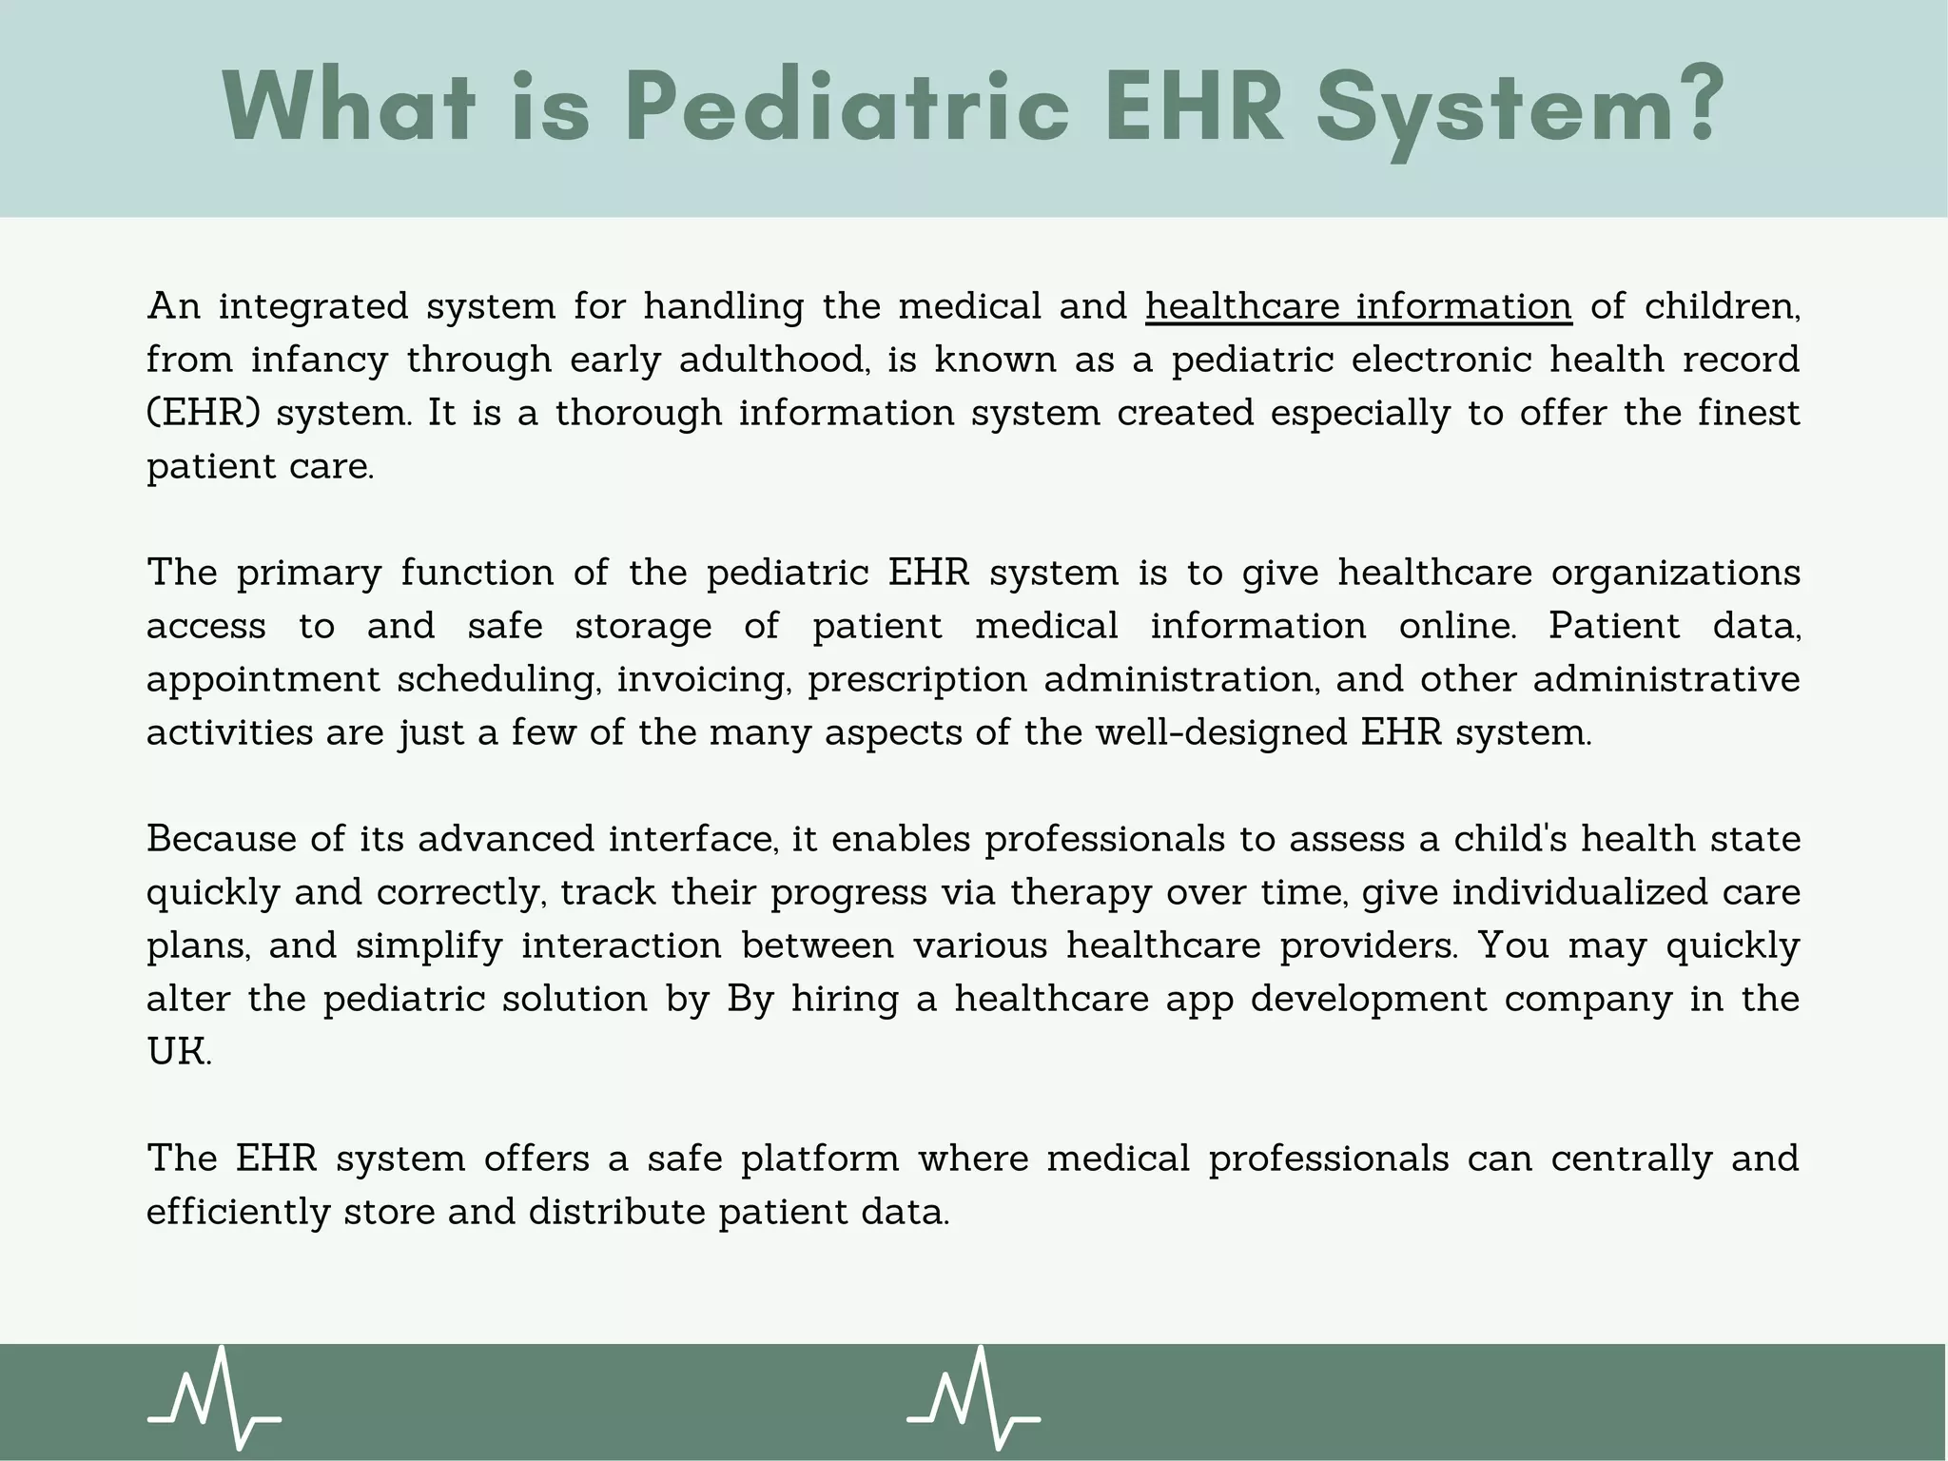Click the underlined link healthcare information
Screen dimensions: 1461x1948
(1358, 306)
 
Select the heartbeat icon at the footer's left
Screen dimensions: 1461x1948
(215, 1397)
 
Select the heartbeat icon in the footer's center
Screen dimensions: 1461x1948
(973, 1397)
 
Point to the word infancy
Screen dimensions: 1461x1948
(319, 360)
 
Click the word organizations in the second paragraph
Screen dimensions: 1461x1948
(1676, 573)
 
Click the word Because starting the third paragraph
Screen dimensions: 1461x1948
(220, 839)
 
